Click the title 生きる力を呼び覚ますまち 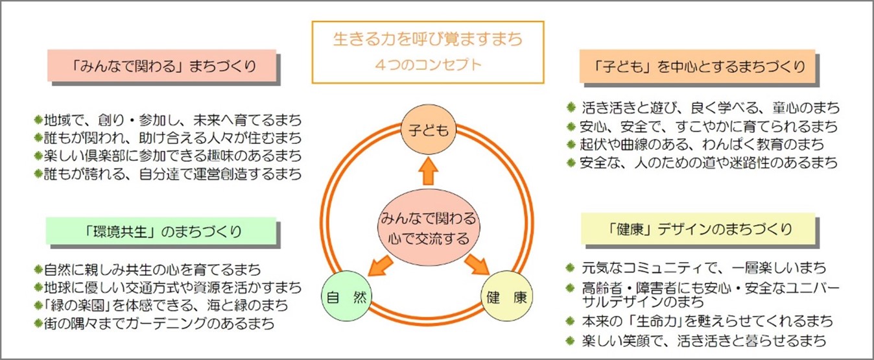[x=428, y=39]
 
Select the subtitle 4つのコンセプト [x=428, y=64]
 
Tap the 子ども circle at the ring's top [x=429, y=130]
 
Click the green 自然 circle [x=346, y=296]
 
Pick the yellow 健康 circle [x=507, y=296]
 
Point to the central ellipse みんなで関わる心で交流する [x=429, y=228]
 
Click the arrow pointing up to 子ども [x=429, y=171]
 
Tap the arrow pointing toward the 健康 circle [x=477, y=265]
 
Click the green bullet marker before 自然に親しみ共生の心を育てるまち [x=38, y=269]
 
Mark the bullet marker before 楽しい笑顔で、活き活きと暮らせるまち [x=571, y=341]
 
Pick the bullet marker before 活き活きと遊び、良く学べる [x=571, y=107]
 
